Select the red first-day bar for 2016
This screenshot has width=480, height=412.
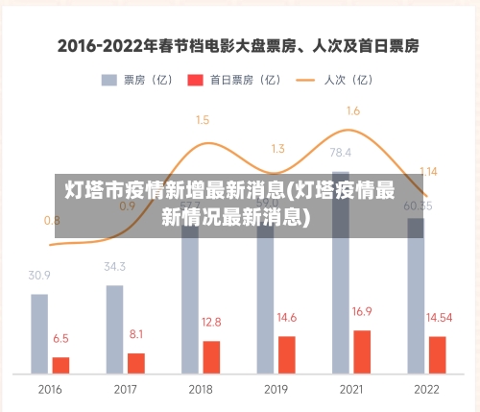60,364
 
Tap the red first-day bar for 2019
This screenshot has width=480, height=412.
286,353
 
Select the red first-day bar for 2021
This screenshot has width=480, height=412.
362,351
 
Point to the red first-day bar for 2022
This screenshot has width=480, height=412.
437,353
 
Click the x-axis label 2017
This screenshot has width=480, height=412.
125,390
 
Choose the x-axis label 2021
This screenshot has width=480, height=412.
351,390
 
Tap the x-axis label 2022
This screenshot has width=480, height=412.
426,390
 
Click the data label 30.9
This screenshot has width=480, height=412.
39,275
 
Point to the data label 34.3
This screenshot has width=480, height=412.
114,266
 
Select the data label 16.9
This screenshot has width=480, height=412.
362,311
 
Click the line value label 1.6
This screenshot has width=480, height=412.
352,111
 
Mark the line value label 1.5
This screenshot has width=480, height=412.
203,120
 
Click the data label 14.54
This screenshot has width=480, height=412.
440,317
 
